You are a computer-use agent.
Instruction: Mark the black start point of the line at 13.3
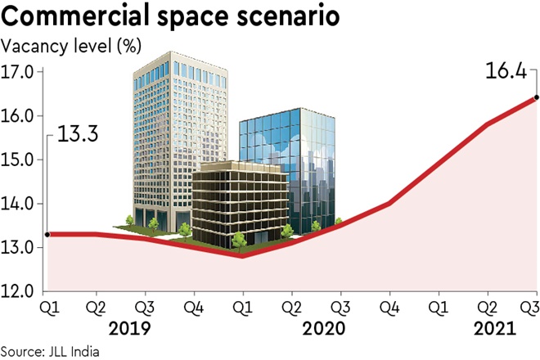tap(47, 234)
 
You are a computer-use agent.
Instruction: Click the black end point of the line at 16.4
tap(536, 97)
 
